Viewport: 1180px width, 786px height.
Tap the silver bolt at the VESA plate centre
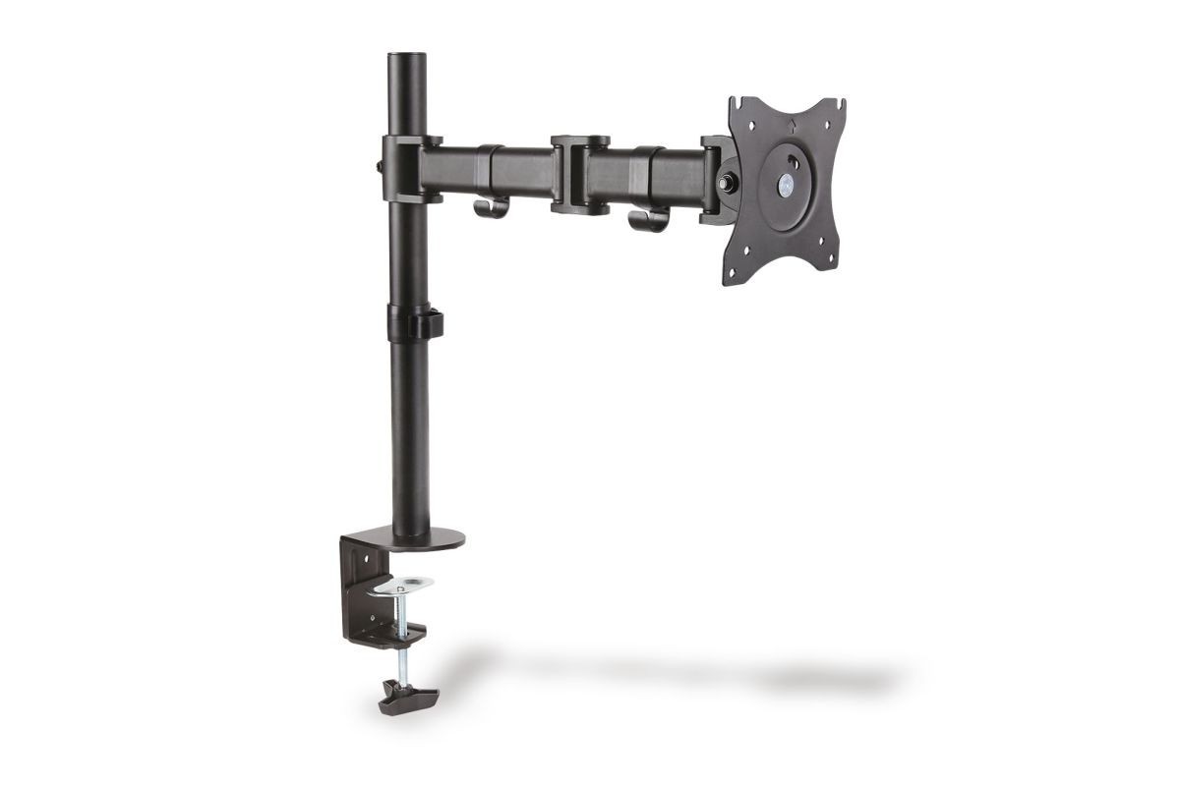[x=788, y=182]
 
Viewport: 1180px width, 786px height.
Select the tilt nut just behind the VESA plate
[x=730, y=182]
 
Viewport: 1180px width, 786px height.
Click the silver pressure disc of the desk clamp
[x=405, y=585]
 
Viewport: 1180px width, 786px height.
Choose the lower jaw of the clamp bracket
[x=393, y=628]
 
